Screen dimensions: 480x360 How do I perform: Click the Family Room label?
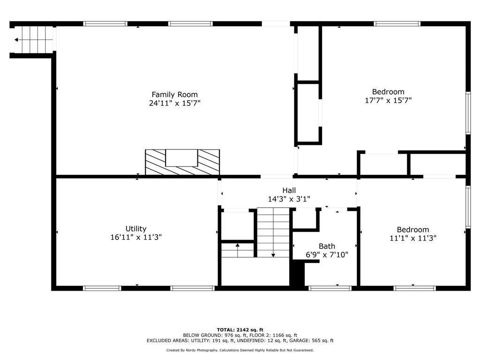[174, 95]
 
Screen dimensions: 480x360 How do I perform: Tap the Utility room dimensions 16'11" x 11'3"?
[136, 237]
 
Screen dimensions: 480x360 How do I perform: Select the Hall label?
[289, 190]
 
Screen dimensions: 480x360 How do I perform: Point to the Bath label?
[327, 246]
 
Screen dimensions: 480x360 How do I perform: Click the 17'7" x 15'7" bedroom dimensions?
[388, 100]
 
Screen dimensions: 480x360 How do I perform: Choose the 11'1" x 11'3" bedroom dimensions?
[412, 238]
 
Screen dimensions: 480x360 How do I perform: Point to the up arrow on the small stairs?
[238, 250]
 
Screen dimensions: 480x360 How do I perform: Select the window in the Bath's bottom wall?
[330, 288]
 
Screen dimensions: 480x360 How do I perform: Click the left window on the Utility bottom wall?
[102, 288]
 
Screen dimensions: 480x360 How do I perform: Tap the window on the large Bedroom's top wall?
[397, 23]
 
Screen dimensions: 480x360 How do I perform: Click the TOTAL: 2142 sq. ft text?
[240, 330]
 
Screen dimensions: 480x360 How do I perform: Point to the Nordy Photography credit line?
[240, 350]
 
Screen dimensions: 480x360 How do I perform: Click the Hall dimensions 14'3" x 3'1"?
[289, 199]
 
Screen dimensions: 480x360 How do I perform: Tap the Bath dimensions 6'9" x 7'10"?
[327, 255]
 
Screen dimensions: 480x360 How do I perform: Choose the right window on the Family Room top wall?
[190, 23]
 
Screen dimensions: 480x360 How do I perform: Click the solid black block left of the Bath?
[297, 274]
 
